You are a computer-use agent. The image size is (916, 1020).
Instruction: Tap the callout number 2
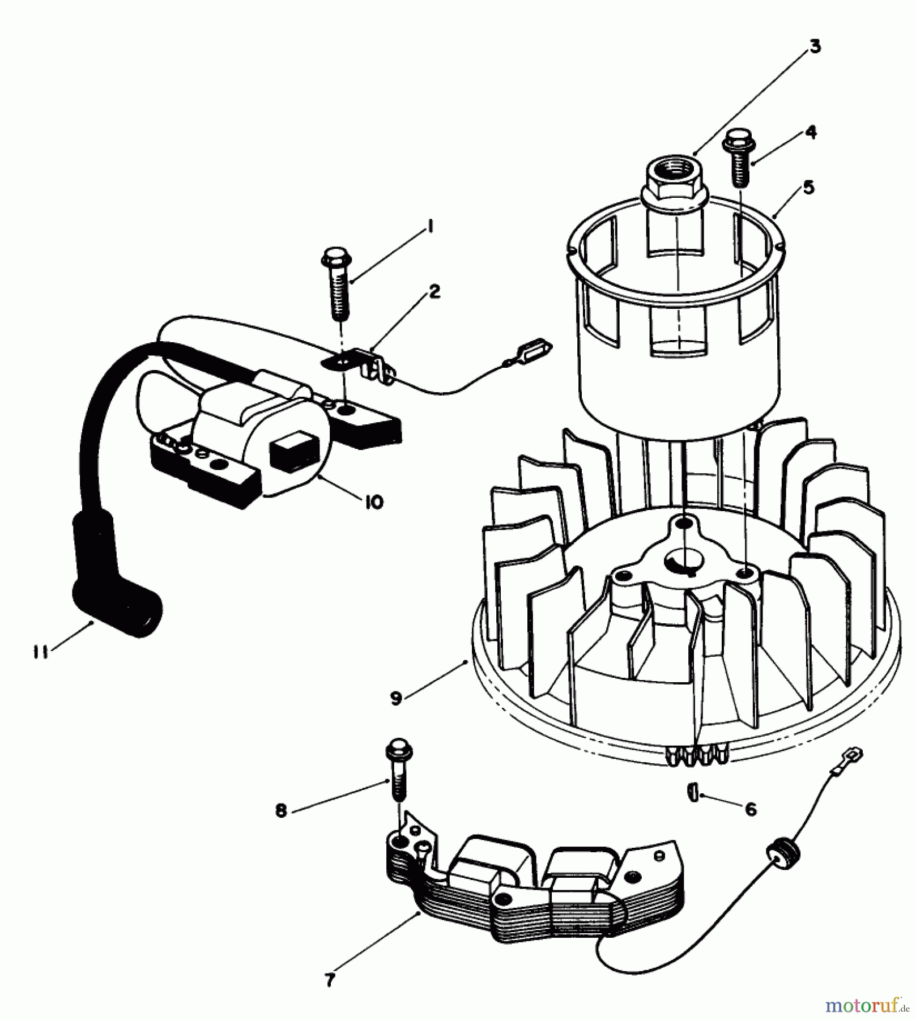tap(434, 292)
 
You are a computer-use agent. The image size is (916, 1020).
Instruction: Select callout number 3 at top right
tap(815, 47)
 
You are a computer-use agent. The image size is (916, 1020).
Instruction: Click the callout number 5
tap(808, 187)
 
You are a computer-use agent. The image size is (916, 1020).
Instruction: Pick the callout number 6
tap(751, 809)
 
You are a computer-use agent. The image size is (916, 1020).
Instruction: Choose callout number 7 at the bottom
tap(330, 979)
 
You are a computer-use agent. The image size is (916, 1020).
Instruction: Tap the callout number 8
tap(282, 811)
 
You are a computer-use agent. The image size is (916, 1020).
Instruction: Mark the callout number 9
tap(396, 699)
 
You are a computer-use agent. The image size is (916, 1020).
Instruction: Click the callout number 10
tap(374, 502)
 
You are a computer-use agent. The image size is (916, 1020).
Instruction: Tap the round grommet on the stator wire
tap(780, 856)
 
